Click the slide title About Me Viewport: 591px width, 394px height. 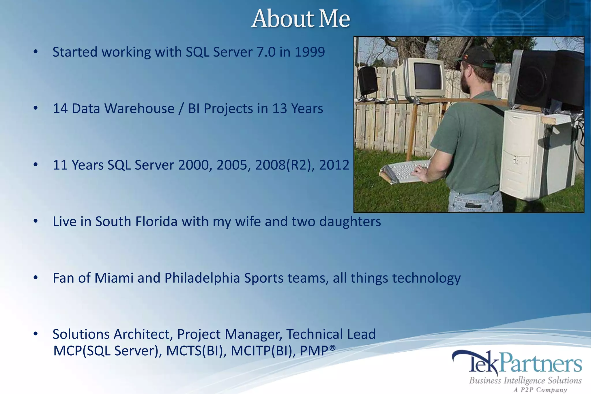300,19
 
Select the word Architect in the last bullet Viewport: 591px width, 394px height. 143,334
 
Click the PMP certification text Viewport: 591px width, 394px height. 317,351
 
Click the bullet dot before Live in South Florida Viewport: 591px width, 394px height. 35,221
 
